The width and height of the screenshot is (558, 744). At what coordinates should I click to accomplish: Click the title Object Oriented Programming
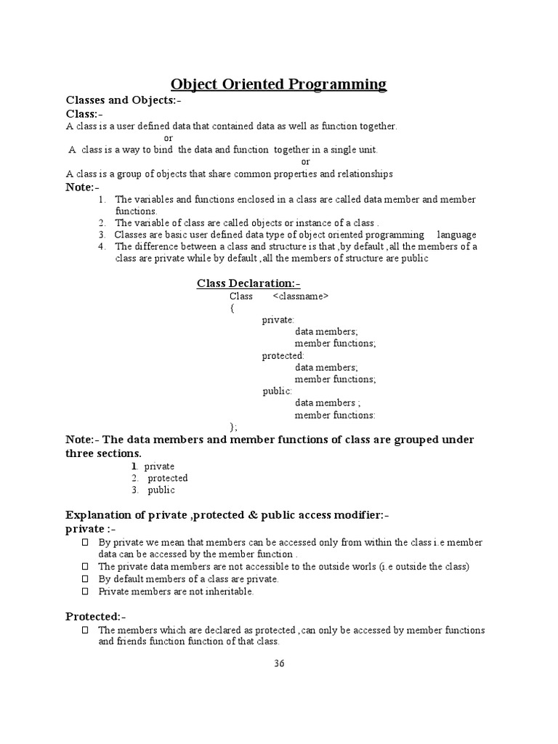[279, 84]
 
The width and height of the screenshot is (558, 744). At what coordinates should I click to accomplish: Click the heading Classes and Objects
[123, 100]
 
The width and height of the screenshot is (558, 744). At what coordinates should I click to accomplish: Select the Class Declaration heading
[248, 283]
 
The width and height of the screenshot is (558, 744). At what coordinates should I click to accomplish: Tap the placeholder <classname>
[301, 296]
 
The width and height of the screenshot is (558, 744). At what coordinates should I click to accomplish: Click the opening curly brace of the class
[232, 308]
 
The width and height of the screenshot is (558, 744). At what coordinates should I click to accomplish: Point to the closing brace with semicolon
[233, 426]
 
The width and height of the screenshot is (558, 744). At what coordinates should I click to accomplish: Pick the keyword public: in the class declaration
[278, 392]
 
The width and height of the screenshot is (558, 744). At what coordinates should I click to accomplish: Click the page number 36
[279, 663]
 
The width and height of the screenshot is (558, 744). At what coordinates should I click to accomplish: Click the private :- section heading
[91, 529]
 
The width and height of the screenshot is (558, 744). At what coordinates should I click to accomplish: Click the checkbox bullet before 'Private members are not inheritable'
[84, 591]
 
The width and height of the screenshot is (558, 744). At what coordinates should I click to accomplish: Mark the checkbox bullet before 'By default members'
[84, 579]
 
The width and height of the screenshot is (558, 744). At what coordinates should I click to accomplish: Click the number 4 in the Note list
[102, 246]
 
